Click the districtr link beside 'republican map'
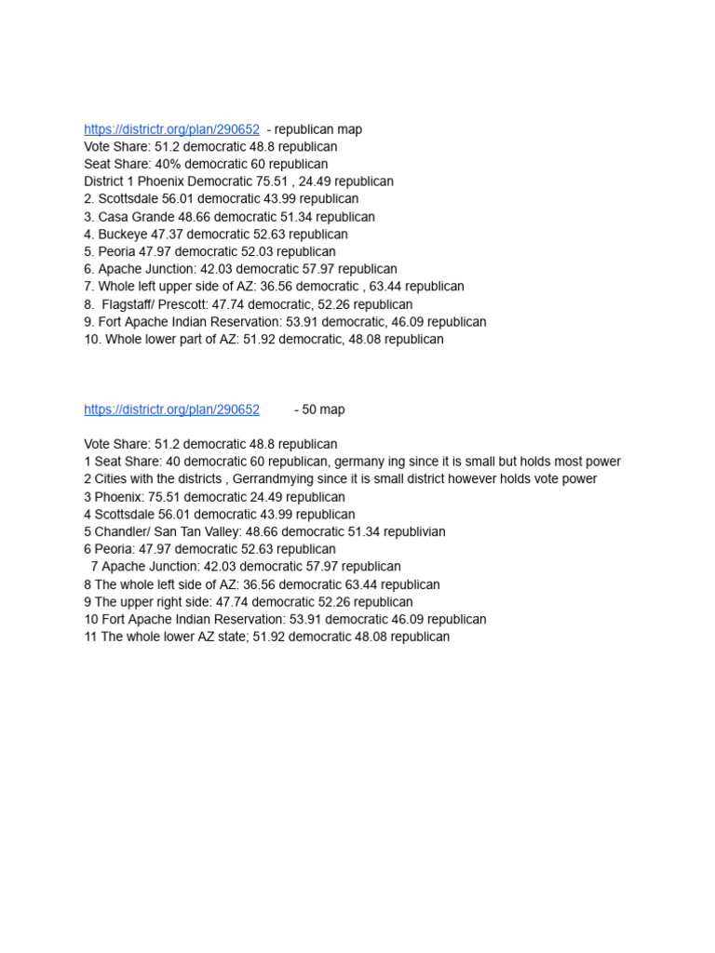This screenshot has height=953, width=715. (171, 129)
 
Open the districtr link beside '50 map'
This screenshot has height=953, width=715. (171, 409)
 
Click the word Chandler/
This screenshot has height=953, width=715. (125, 531)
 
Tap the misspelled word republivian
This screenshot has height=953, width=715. (412, 531)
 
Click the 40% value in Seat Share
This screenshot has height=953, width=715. (169, 165)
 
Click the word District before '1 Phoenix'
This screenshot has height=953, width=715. (104, 181)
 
